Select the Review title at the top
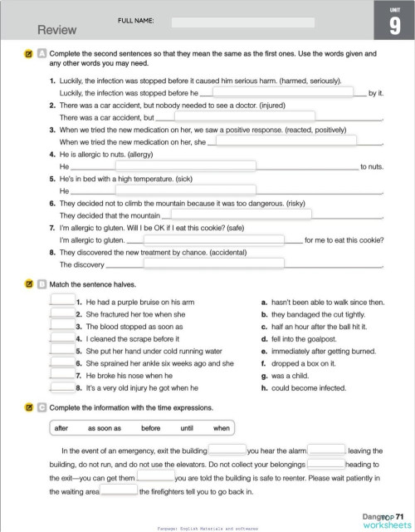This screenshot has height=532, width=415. (57, 30)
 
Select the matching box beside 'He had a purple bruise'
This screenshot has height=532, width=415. (62, 303)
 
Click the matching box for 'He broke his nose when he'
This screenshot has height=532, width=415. (62, 375)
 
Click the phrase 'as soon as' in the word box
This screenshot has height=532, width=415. (105, 428)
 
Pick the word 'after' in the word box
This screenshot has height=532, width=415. (61, 428)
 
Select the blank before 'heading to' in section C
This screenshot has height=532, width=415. (326, 464)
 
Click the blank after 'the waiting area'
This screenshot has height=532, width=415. (119, 490)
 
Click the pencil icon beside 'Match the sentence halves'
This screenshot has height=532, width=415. (28, 284)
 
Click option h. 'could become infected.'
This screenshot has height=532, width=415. (304, 387)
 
